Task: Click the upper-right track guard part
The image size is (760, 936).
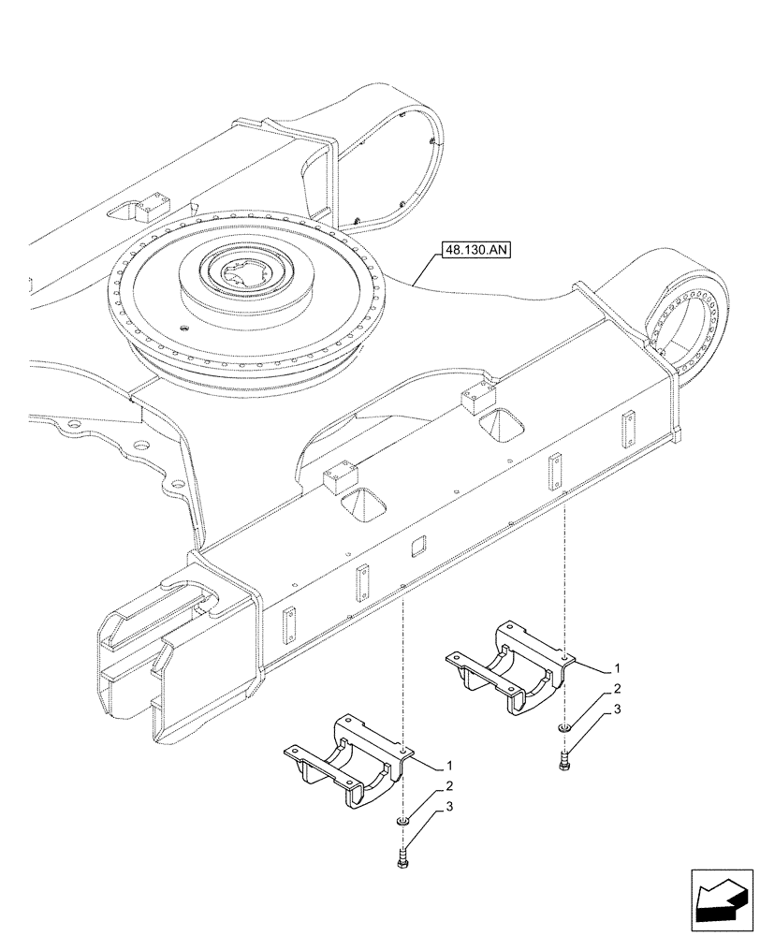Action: coord(510,669)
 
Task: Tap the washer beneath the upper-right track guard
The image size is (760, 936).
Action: coord(563,729)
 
